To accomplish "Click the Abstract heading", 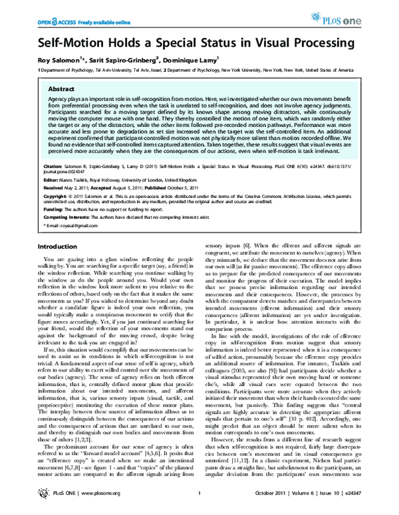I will (43, 88).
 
